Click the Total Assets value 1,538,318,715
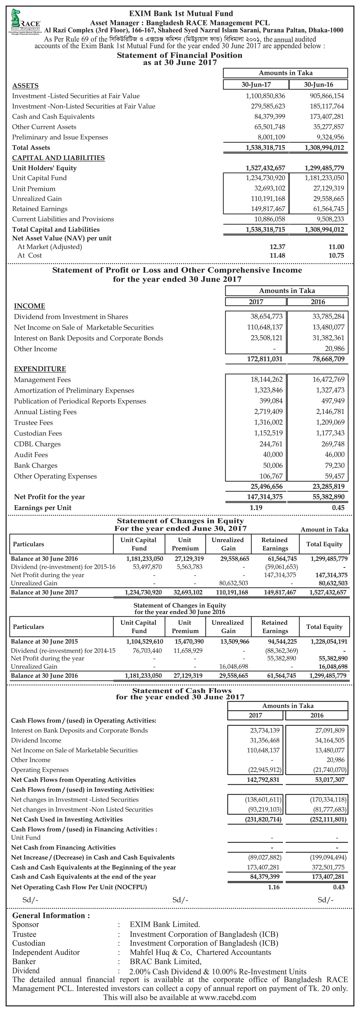click(x=265, y=148)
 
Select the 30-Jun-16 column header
click(x=318, y=84)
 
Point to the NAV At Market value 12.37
click(x=277, y=247)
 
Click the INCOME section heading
click(x=29, y=306)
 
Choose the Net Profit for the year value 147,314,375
click(x=265, y=497)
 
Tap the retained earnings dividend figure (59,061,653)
click(x=281, y=567)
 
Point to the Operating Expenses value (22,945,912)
click(x=265, y=770)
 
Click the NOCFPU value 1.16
click(x=274, y=887)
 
